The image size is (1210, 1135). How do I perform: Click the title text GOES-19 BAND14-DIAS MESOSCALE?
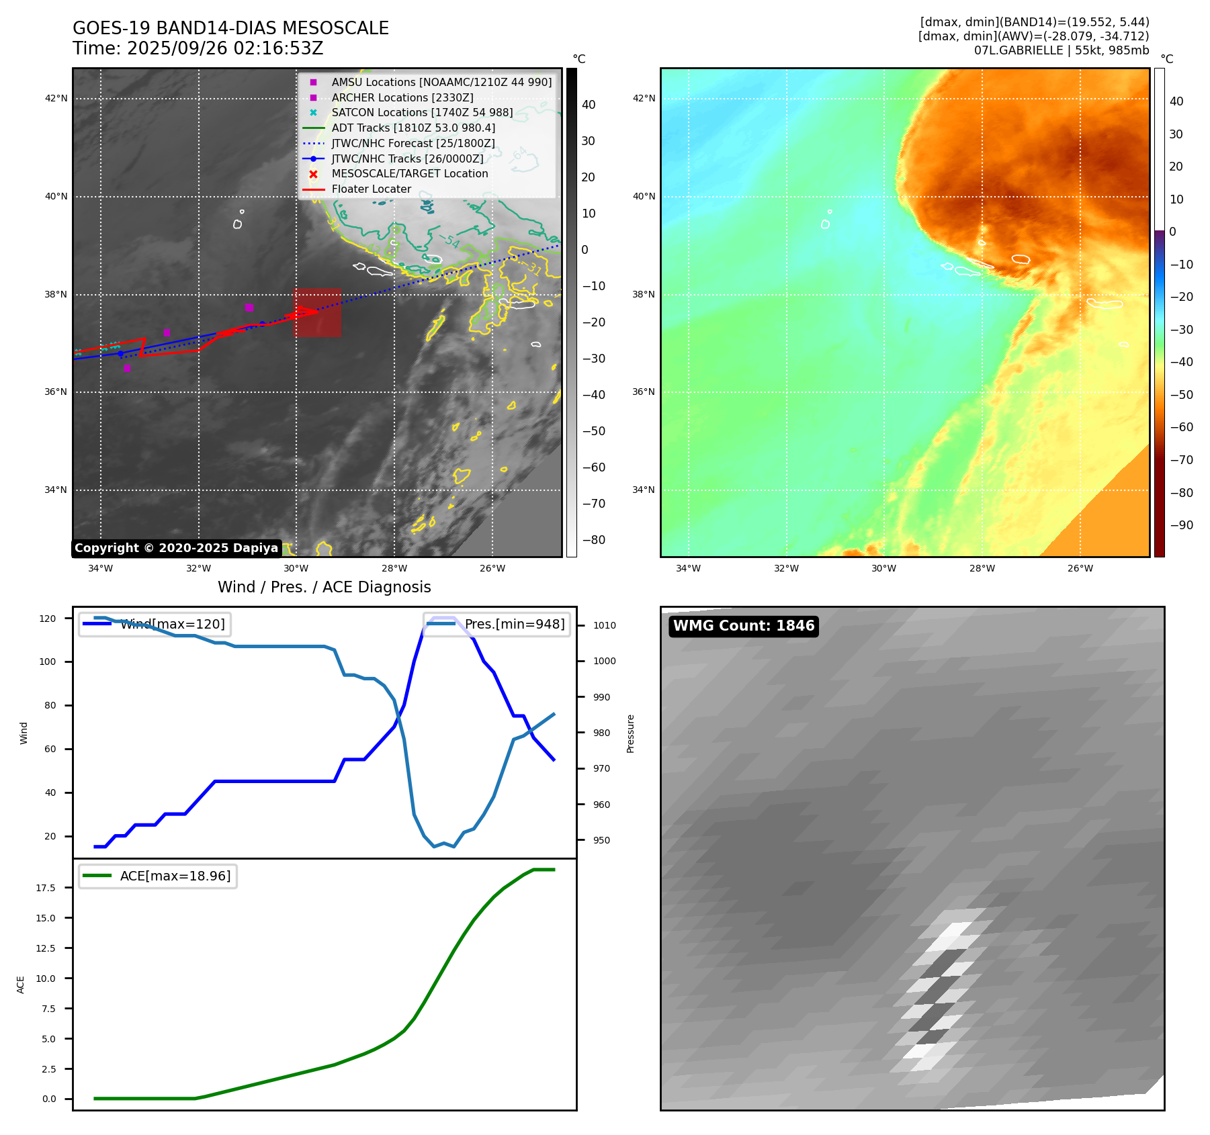pos(230,28)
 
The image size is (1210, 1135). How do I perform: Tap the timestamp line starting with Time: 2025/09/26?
pos(198,48)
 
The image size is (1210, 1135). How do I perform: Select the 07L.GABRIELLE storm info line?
pos(1061,50)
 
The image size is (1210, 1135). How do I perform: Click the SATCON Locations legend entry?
pos(421,112)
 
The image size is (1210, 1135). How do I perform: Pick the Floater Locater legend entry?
pos(371,189)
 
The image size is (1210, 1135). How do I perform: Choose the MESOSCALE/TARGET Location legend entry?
pos(409,173)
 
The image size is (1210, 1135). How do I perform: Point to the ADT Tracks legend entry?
pos(413,128)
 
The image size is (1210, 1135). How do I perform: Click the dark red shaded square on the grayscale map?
pos(316,312)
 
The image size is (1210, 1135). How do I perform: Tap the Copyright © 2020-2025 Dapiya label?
pos(176,548)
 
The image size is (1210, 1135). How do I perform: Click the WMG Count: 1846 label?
pos(744,626)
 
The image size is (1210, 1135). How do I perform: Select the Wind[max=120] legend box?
pos(155,624)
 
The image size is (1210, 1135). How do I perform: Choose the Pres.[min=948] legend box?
pos(496,624)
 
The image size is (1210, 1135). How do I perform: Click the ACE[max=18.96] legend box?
pos(158,876)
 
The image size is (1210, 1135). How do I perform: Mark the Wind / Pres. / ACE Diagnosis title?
pos(325,587)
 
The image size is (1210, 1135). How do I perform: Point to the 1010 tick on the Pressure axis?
pos(604,625)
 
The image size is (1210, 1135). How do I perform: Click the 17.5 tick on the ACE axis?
pos(46,888)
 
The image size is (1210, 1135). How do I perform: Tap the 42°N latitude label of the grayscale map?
pos(56,99)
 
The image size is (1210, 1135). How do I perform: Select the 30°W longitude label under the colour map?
pos(884,568)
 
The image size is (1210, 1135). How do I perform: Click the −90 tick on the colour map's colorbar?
pos(1181,525)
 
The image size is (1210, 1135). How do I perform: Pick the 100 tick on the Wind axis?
pos(48,662)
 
